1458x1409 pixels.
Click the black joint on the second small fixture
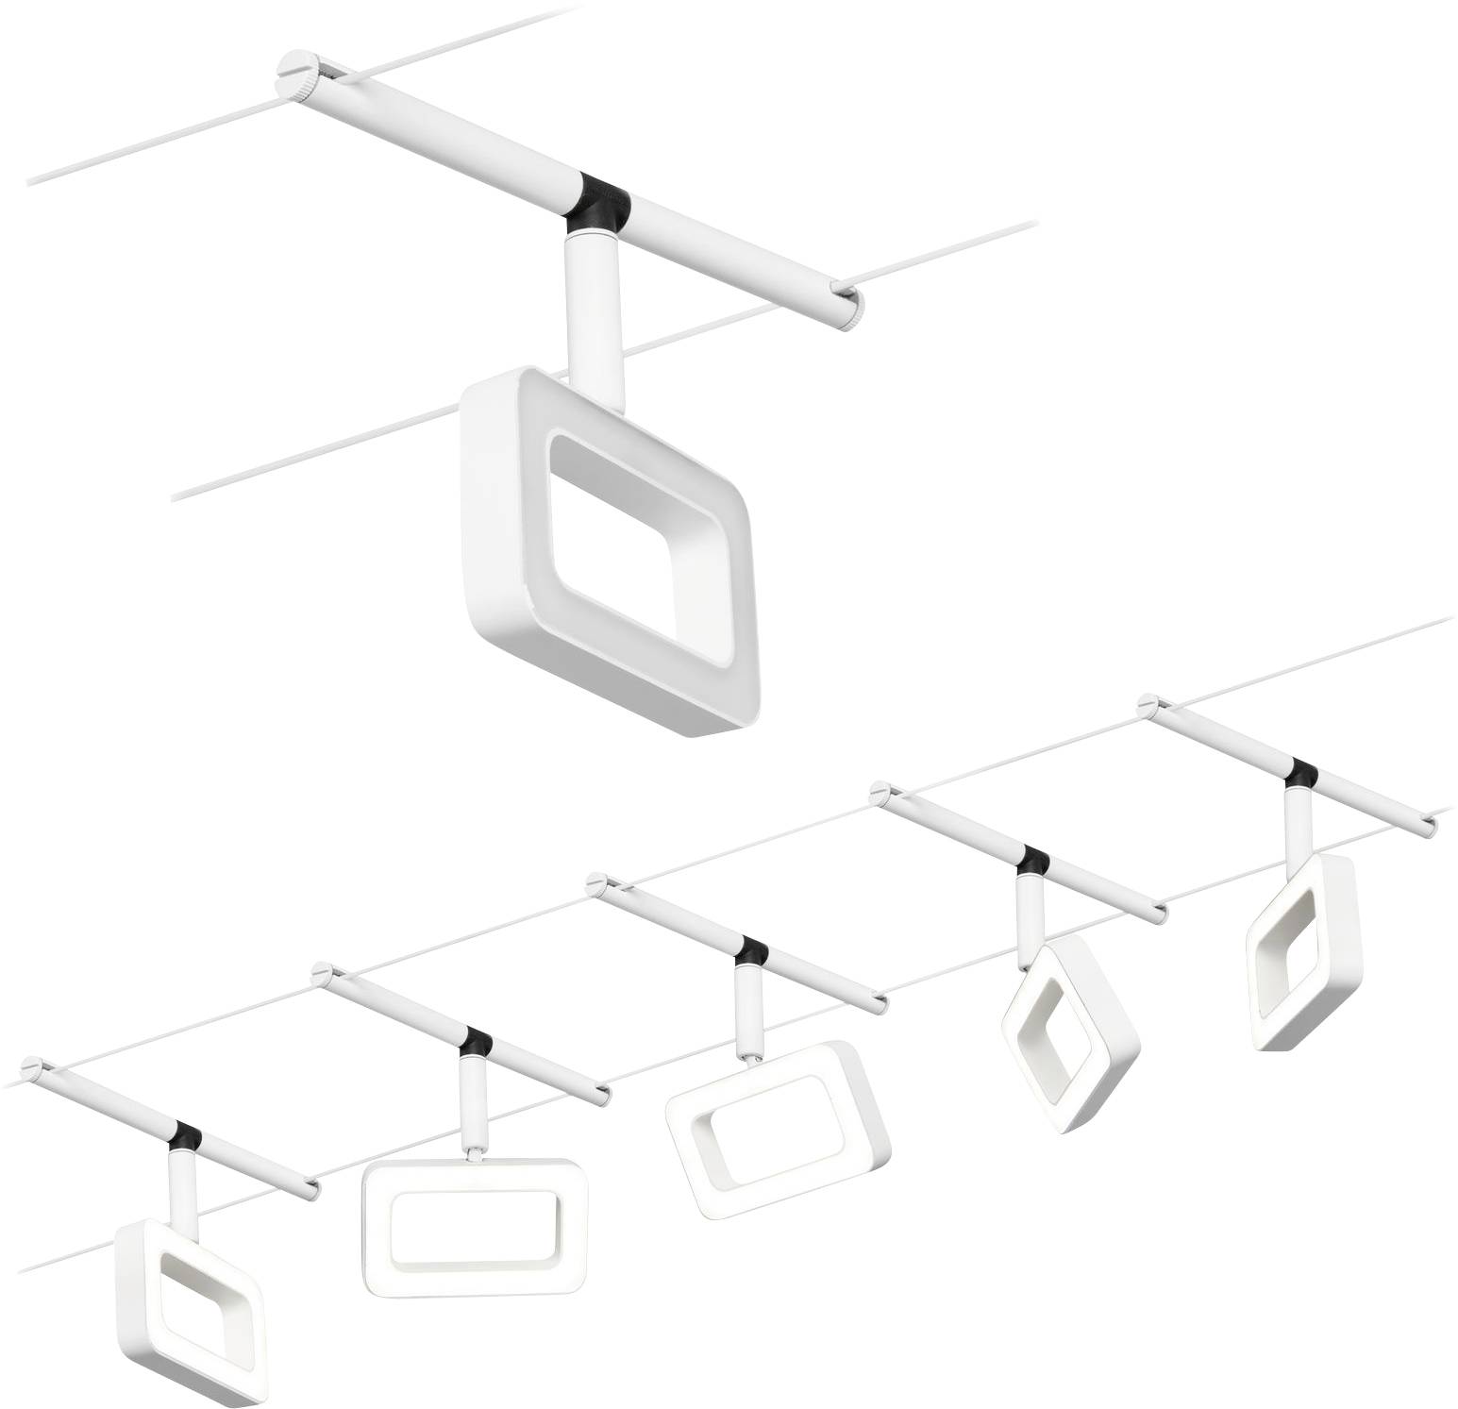coord(476,1042)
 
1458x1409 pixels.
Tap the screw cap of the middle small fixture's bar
coord(595,883)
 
